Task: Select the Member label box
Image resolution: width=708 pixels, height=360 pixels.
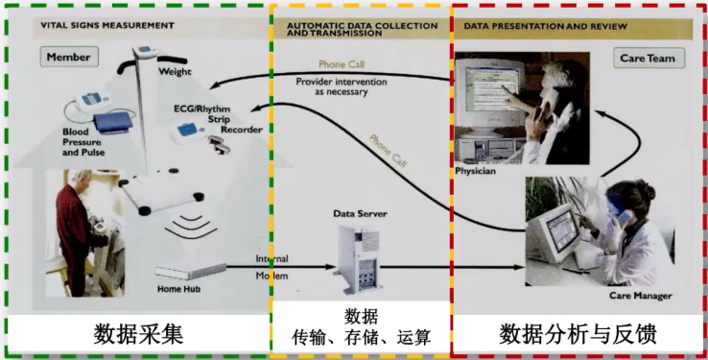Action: pos(69,57)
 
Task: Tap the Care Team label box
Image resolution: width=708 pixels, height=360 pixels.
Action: pos(647,59)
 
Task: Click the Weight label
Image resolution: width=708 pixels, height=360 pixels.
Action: pos(176,72)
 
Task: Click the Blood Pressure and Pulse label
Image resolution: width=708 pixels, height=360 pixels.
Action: pos(83,141)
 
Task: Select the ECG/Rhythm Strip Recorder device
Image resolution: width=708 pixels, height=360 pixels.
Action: pos(194,134)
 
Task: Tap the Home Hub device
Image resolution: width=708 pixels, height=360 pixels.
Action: pos(193,272)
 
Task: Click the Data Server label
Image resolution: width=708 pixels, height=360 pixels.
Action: pos(358,212)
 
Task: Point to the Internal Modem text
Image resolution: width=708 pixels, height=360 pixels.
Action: pos(271,268)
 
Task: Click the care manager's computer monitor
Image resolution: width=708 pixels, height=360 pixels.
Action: pos(558,231)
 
